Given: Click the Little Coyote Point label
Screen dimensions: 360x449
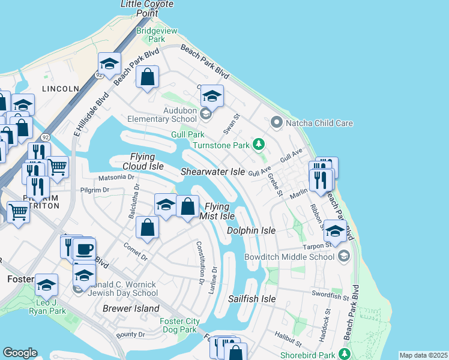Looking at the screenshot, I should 146,8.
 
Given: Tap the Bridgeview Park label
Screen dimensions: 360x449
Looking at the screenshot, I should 150,35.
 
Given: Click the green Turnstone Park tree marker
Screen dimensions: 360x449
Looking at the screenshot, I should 259,144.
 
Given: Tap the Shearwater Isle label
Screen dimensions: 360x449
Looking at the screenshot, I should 213,172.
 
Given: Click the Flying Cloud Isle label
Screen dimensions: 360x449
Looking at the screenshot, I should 143,161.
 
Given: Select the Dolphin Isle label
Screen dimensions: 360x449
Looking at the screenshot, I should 251,230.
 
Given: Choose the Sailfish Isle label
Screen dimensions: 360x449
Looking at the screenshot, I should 252,298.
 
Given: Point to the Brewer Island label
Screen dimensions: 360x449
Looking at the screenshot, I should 131,308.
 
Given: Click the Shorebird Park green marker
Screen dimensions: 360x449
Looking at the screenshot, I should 345,352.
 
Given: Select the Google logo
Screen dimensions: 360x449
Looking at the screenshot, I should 20,353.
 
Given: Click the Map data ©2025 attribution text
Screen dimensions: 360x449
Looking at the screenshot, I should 423,355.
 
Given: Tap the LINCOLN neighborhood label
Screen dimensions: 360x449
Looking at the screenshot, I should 60,89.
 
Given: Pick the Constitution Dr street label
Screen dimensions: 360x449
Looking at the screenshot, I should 200,262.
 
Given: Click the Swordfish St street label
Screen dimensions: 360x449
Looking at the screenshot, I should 330,294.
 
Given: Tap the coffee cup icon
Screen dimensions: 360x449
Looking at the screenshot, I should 84,250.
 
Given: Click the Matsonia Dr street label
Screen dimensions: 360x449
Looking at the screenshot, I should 116,178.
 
